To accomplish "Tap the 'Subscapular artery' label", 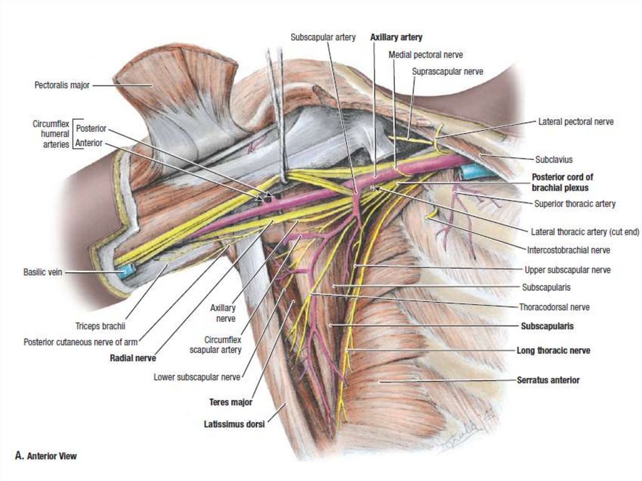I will (323, 38).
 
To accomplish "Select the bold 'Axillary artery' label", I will (396, 38).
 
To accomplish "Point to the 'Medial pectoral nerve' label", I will (426, 55).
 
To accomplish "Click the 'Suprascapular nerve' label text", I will (448, 71).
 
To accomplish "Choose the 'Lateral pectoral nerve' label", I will (576, 122).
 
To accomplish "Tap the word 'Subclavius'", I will (554, 159).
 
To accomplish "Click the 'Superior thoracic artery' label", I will (575, 203).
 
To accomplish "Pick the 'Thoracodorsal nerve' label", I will (554, 307).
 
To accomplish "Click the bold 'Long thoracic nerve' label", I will (553, 351).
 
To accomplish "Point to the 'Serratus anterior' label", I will (549, 380).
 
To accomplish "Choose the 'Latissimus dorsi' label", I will (234, 424).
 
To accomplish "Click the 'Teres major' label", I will (231, 402).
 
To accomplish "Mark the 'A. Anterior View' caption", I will (46, 456).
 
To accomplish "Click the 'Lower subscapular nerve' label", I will (197, 377).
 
